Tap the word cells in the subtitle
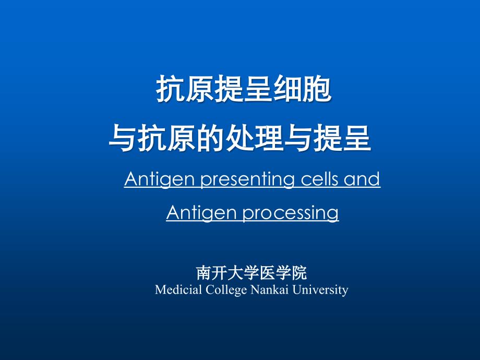tap(319, 179)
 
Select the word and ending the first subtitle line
tap(363, 179)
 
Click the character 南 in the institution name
tap(203, 273)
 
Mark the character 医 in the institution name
tap(266, 273)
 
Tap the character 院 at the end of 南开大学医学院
tap(299, 273)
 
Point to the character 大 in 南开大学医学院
tap(234, 273)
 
